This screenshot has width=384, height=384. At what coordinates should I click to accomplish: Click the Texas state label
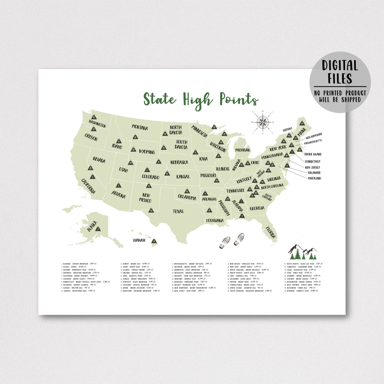point(178,211)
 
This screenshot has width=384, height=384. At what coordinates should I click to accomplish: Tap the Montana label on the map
point(140,127)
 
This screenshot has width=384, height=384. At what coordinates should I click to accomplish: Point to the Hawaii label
point(139,240)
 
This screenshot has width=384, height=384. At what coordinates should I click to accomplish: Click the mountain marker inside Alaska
point(98,229)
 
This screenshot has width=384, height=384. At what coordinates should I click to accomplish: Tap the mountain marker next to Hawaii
point(154,241)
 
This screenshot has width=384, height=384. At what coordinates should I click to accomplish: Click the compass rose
point(263,122)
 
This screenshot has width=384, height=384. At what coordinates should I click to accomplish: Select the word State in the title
point(159,99)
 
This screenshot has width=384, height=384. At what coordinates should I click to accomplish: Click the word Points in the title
point(239,99)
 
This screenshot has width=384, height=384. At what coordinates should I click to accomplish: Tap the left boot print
point(225,243)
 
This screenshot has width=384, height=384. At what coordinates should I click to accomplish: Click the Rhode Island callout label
point(313,154)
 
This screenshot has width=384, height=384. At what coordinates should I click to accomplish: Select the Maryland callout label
point(314,178)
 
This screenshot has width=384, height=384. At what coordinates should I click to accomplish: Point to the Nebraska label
point(179,163)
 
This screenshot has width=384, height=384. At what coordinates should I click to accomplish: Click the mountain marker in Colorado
point(147,170)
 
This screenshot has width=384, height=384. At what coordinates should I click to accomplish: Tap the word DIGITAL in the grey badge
point(340,66)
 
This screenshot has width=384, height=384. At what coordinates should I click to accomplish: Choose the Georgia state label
point(257,209)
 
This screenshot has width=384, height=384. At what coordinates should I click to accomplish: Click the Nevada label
point(99,159)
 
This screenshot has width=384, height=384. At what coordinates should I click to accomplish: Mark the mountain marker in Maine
point(301,123)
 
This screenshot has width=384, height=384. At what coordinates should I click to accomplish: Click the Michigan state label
point(243,150)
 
